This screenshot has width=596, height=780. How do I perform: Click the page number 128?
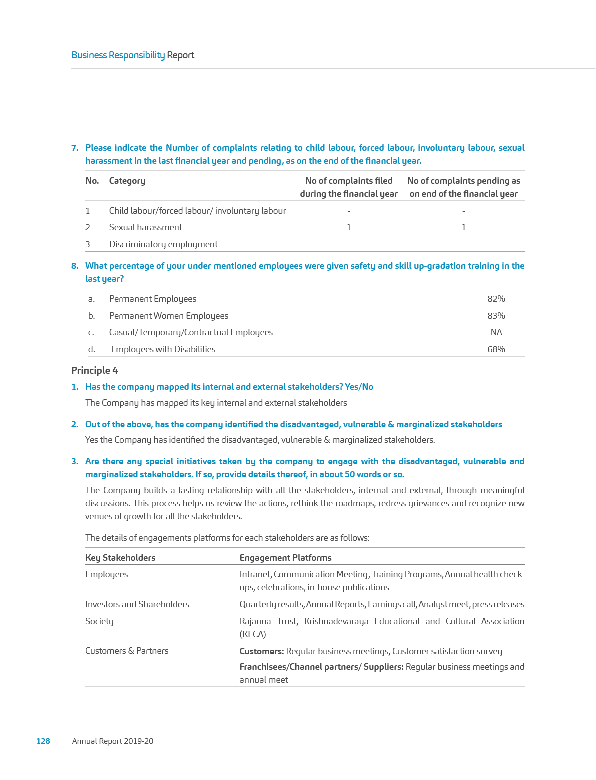pos(43,741)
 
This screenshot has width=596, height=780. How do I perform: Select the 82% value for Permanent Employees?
pos(496,299)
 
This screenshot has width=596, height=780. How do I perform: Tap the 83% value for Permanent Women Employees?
pos(496,316)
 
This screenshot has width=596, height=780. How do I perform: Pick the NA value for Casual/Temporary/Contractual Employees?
pos(496,332)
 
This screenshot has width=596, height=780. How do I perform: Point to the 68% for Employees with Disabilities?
pos(496,349)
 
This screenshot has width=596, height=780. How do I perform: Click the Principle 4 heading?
pos(95,370)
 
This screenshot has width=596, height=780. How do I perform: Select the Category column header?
pos(127,181)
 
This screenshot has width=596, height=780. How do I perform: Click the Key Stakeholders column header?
pos(120,557)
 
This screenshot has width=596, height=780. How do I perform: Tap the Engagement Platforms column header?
pos(285,557)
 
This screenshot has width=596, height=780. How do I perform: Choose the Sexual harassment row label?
pos(145,227)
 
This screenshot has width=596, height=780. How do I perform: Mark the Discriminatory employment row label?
pos(163,244)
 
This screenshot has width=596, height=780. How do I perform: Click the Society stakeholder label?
pos(99,621)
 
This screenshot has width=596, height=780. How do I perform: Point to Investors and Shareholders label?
pos(137,604)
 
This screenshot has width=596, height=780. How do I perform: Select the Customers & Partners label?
pos(127,651)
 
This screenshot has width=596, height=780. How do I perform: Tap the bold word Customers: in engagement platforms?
pos(262,651)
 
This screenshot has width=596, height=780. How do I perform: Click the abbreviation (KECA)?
pos(253,634)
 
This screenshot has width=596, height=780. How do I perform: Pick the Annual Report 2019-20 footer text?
pos(113,741)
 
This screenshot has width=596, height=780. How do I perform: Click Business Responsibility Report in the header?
pos(133,55)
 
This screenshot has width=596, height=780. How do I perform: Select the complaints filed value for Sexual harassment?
pos(349,227)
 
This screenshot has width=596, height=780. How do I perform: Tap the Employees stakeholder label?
pos(106,574)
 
